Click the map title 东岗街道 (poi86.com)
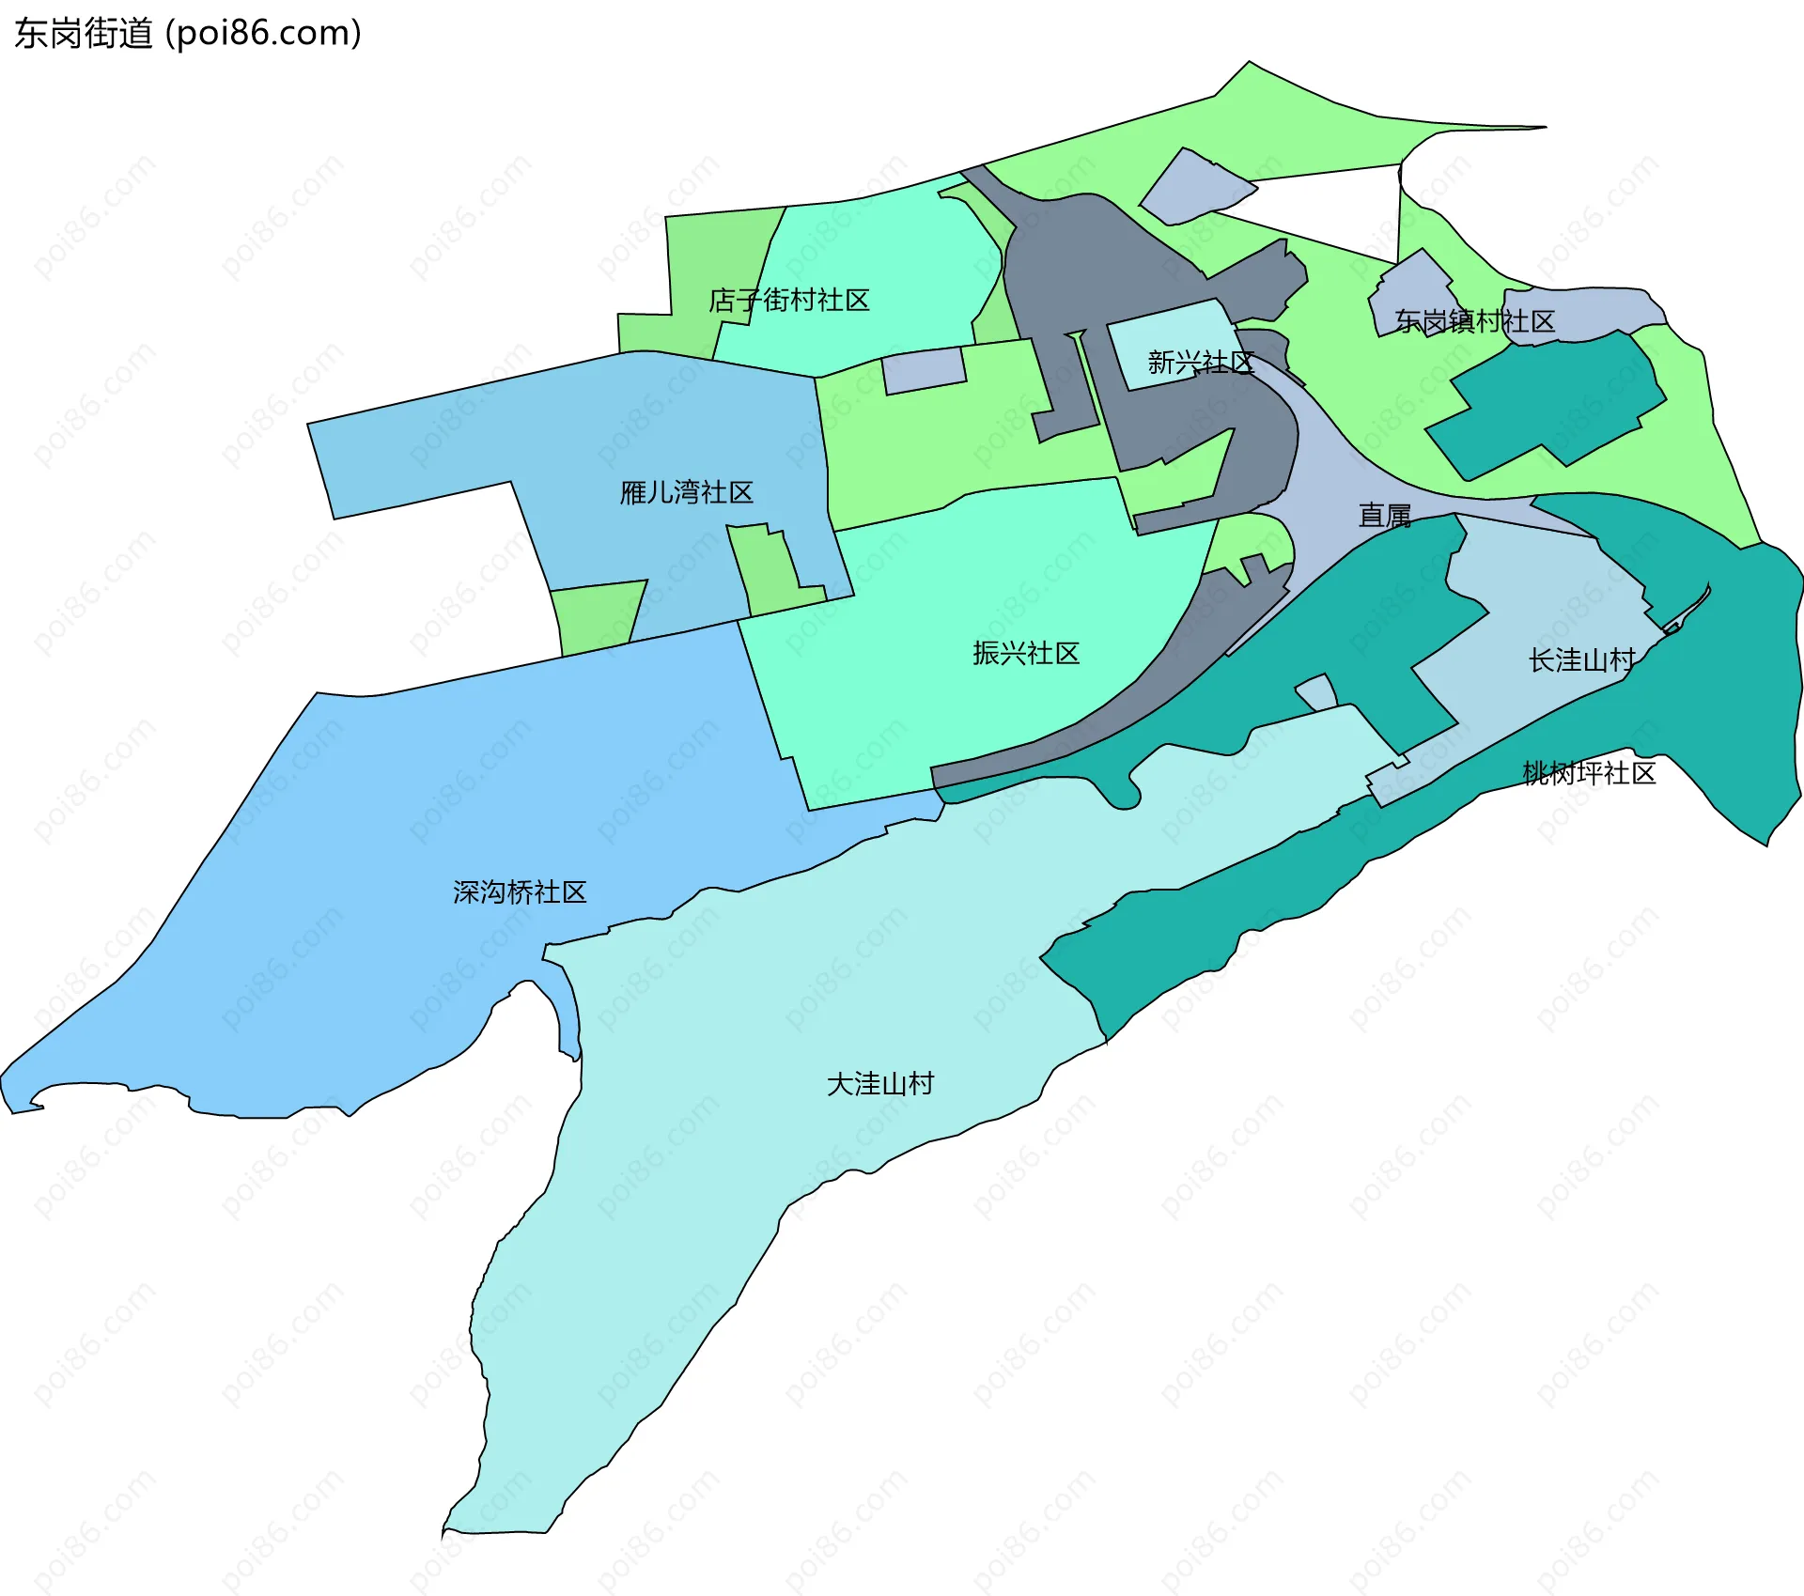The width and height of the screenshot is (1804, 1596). coord(188,34)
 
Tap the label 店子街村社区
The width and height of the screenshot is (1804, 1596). coord(789,301)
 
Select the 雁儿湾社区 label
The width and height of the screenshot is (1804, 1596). coord(687,492)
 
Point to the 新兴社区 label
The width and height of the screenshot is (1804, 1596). coord(1201,363)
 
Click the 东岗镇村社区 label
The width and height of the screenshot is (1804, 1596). coord(1474,321)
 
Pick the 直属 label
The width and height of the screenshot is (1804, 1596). coord(1385,516)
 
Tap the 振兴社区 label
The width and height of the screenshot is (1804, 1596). coord(1026,653)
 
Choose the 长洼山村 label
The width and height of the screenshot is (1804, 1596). coord(1582,660)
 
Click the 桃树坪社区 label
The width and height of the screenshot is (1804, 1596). coord(1589,773)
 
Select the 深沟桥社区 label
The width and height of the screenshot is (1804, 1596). coord(520,891)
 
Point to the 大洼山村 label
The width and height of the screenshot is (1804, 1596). coord(880,1084)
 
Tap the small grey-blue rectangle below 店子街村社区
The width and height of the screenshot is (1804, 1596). coord(924,370)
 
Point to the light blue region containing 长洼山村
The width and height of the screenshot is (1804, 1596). coord(1550,601)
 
